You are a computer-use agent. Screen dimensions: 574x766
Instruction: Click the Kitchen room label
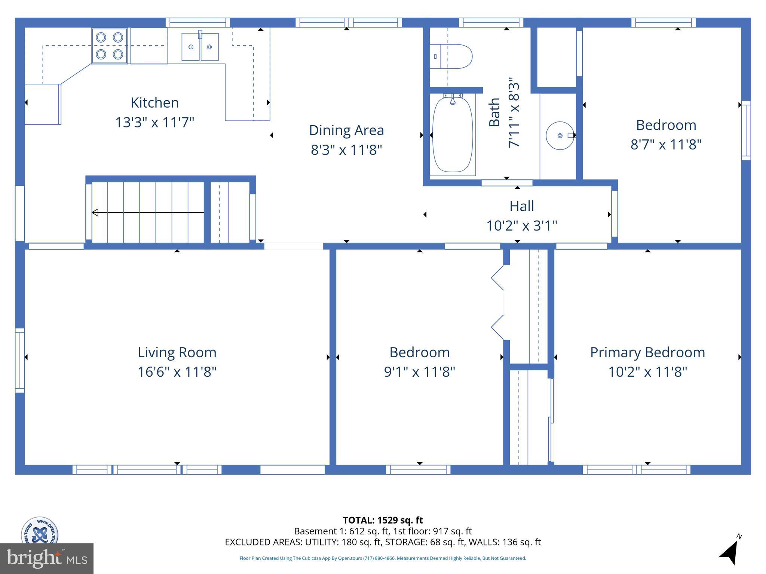coord(154,102)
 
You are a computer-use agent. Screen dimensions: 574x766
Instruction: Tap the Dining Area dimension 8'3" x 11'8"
coord(346,150)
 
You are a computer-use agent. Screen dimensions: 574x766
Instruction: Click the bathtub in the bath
coord(453,135)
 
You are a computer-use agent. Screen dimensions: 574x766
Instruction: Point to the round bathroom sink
coord(560,135)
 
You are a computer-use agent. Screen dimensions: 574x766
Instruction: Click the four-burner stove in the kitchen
coord(109,46)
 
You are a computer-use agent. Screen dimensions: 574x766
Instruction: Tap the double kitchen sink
coord(200,47)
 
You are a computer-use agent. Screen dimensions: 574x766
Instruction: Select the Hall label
coord(521,206)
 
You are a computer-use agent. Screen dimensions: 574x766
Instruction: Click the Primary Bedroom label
coord(647,352)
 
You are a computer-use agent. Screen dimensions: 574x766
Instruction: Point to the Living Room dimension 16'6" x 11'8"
coord(177,372)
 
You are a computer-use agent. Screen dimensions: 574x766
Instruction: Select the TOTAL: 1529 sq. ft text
coord(383,520)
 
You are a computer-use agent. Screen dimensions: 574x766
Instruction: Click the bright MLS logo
coord(46,558)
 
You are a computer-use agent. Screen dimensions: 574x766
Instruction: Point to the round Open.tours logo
coord(39,531)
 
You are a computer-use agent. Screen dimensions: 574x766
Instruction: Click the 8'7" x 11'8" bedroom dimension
coord(666,144)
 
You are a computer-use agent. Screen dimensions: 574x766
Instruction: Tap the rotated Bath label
coord(494,112)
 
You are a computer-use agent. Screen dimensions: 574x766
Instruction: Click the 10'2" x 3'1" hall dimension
coord(521,226)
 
